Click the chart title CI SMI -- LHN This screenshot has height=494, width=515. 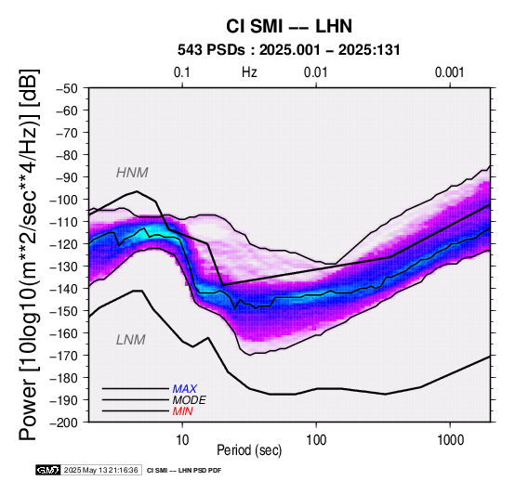(x=289, y=26)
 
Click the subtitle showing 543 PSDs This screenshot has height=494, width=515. (x=289, y=50)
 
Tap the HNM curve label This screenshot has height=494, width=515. (x=132, y=173)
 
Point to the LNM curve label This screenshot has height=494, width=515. (x=131, y=340)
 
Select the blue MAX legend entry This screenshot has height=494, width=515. (x=185, y=389)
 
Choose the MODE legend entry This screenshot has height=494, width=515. (x=190, y=400)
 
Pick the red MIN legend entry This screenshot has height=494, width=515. (x=182, y=411)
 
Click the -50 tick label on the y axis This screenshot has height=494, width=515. (x=66, y=88)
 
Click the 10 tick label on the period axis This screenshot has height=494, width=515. (x=182, y=440)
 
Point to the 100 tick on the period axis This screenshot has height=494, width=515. (x=316, y=440)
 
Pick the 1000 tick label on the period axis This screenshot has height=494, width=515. (x=450, y=440)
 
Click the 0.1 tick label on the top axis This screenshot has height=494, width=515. (x=182, y=72)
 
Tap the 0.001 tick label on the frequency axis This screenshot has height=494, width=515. (x=450, y=72)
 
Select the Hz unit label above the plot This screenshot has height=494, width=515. (x=249, y=72)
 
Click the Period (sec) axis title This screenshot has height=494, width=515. (x=249, y=450)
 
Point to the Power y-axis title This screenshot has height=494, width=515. (x=28, y=254)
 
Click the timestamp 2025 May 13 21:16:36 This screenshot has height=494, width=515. (x=100, y=471)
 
